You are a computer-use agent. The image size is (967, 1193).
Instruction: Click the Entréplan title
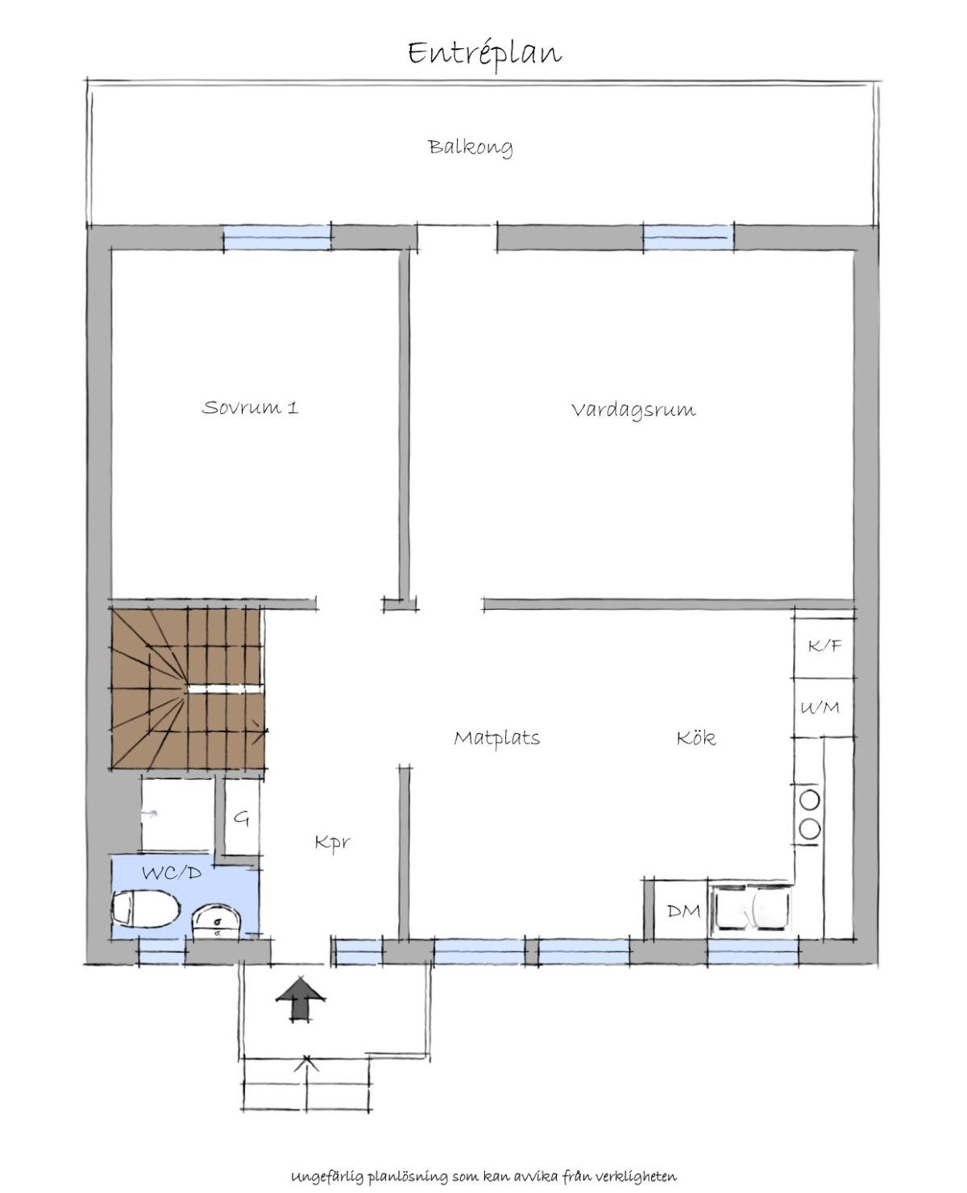(x=484, y=54)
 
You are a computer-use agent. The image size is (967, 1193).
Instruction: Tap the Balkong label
(x=471, y=147)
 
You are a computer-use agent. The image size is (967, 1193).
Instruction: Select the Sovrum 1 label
(x=250, y=407)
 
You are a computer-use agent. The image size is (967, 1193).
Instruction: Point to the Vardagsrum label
(x=633, y=411)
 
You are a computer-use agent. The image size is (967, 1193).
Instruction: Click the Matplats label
(x=496, y=738)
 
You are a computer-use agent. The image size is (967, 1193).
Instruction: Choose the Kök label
(x=695, y=737)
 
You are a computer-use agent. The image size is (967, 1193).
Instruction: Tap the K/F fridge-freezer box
(x=824, y=647)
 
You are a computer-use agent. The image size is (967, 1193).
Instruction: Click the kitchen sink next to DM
(x=752, y=910)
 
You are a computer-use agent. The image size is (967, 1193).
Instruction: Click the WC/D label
(x=172, y=872)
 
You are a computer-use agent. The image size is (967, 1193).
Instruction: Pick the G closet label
(x=242, y=818)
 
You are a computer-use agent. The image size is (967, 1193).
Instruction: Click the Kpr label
(x=332, y=843)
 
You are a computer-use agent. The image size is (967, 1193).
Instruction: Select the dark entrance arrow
(x=301, y=1001)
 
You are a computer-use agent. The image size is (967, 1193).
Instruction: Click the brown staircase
(x=187, y=689)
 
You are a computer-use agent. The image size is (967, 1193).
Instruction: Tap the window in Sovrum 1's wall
(x=276, y=238)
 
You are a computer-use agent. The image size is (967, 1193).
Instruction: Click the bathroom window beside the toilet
(x=162, y=952)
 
